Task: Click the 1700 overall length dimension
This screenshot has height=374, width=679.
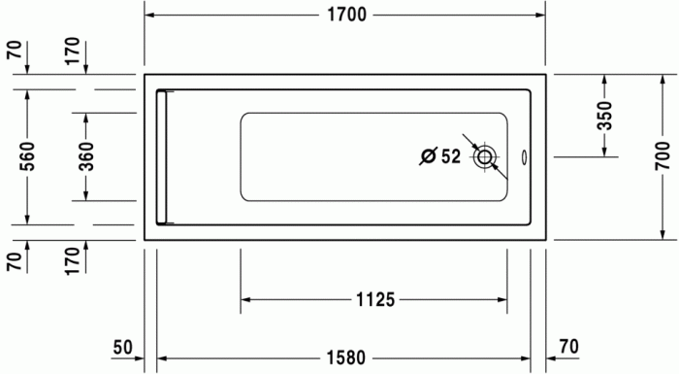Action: click(346, 14)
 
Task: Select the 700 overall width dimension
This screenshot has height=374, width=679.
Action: click(663, 155)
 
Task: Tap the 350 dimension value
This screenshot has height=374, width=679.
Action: click(604, 115)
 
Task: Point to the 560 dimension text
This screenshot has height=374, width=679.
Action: click(27, 155)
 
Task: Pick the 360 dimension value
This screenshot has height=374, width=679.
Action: click(85, 155)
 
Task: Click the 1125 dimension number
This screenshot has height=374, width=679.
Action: click(373, 300)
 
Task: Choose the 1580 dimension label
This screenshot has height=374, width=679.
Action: click(344, 357)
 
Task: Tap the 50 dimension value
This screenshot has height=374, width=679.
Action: click(122, 347)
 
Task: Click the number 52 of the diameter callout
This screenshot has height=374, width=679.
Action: click(451, 155)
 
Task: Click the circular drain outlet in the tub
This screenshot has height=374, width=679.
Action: click(484, 155)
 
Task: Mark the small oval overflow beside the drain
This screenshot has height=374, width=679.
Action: click(524, 155)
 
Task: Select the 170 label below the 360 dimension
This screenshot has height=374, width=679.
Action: click(85, 260)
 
